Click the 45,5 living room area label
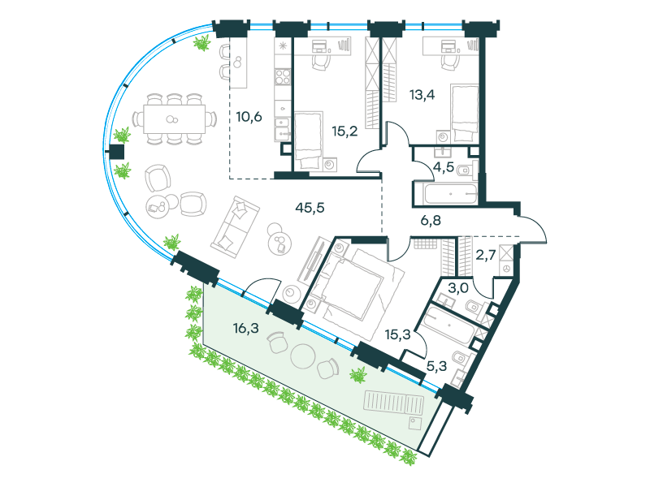[310, 208]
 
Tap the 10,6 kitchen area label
[249, 117]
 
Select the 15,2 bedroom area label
[344, 131]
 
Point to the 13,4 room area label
[422, 95]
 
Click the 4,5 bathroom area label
[444, 167]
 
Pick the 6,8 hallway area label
[431, 220]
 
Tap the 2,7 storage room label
[485, 255]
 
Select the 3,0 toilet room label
[458, 288]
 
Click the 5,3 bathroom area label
[436, 366]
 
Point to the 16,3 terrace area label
[246, 329]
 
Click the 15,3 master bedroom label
[397, 334]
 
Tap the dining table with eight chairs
[175, 119]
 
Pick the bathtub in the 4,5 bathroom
[451, 194]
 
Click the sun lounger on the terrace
[394, 403]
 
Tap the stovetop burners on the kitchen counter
[283, 77]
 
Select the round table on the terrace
[304, 356]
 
